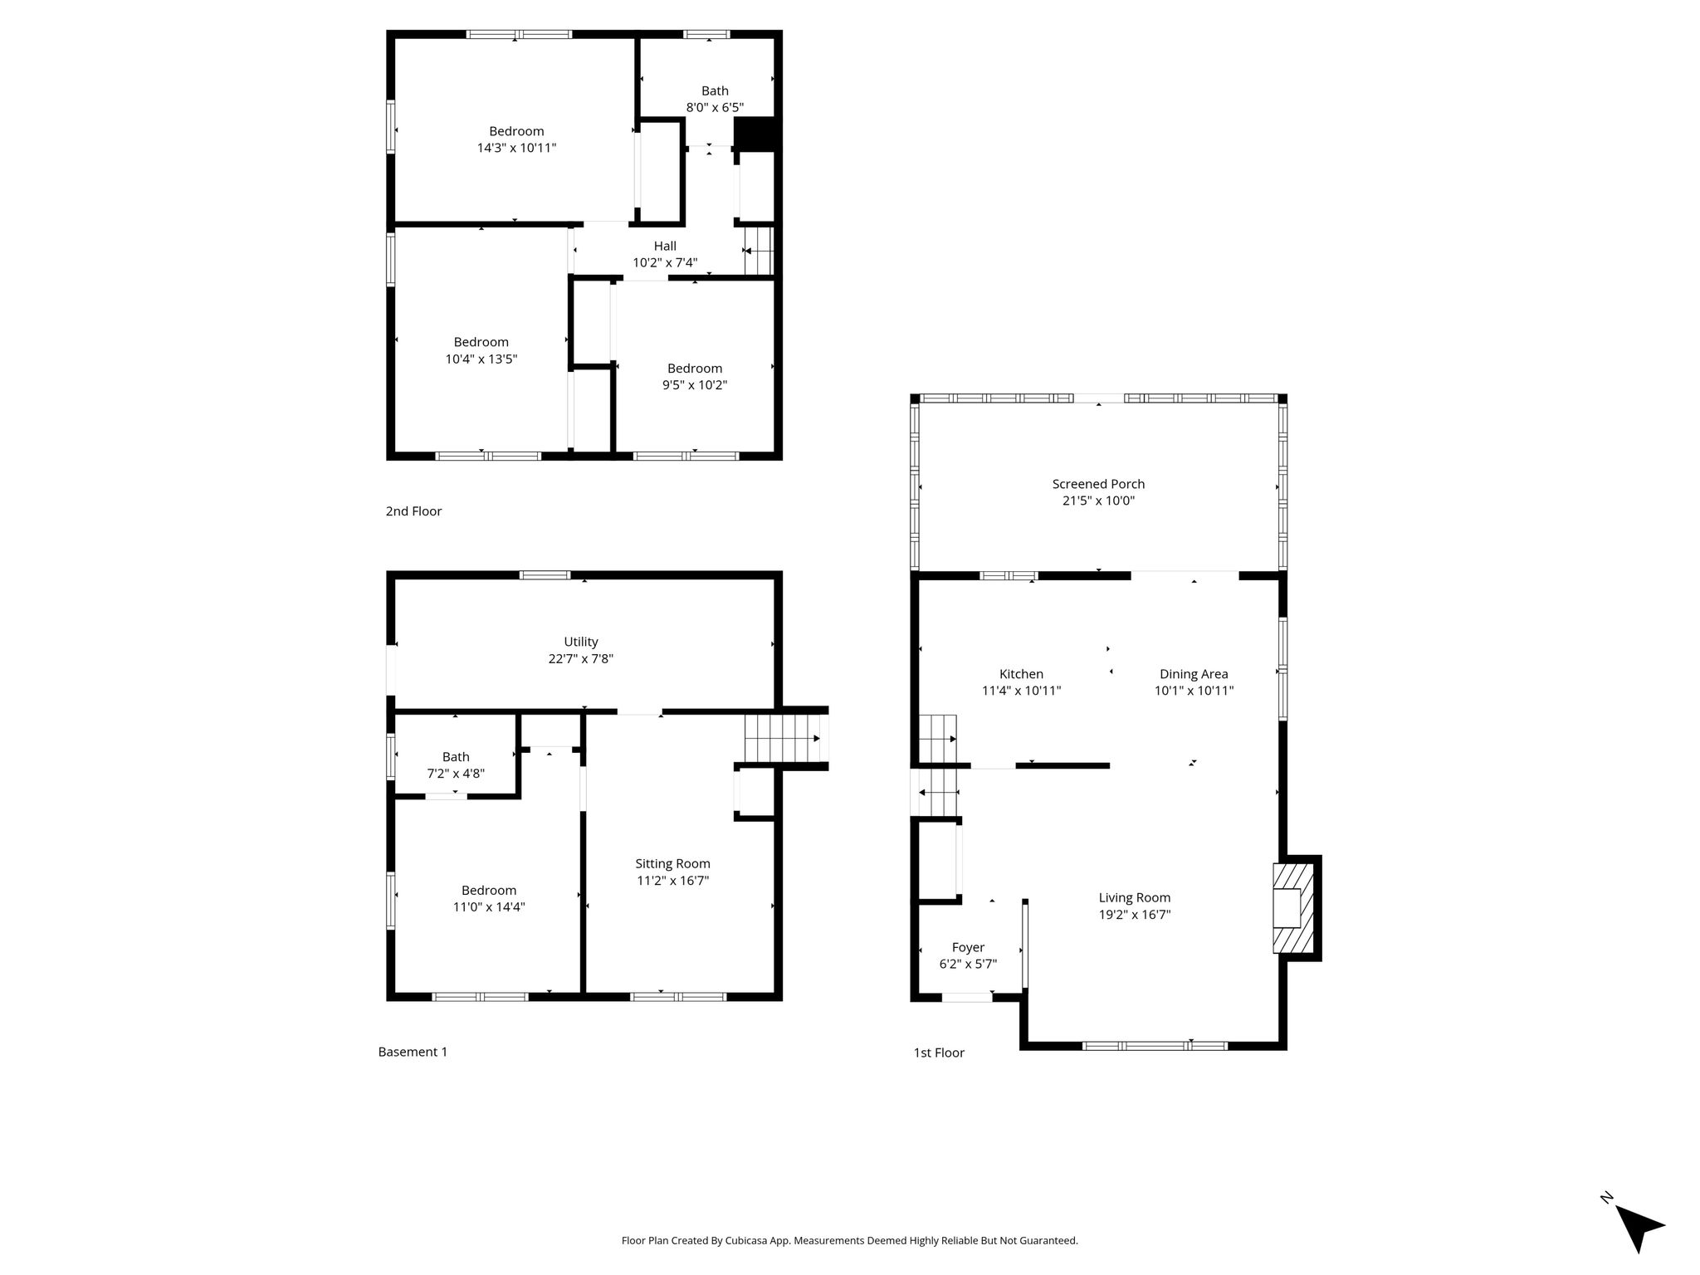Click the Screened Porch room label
pos(1098,484)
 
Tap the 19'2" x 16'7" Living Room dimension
pos(1134,915)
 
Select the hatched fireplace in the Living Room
pos(1293,908)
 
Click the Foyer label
pos(968,948)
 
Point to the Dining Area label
pos(1194,674)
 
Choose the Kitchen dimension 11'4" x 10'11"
pos(1021,691)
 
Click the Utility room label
pos(581,642)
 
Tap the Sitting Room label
pos(672,864)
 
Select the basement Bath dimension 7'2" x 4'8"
pos(456,774)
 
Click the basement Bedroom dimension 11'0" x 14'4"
pos(489,907)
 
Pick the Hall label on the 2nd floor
pos(665,246)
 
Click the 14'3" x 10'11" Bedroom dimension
pos(516,148)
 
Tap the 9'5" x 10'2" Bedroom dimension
pos(695,385)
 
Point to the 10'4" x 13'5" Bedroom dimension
pos(481,359)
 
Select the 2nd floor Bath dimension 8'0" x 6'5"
pos(715,107)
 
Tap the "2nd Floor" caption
pos(413,511)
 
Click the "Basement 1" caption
pos(413,1052)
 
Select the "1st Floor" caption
pos(939,1053)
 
